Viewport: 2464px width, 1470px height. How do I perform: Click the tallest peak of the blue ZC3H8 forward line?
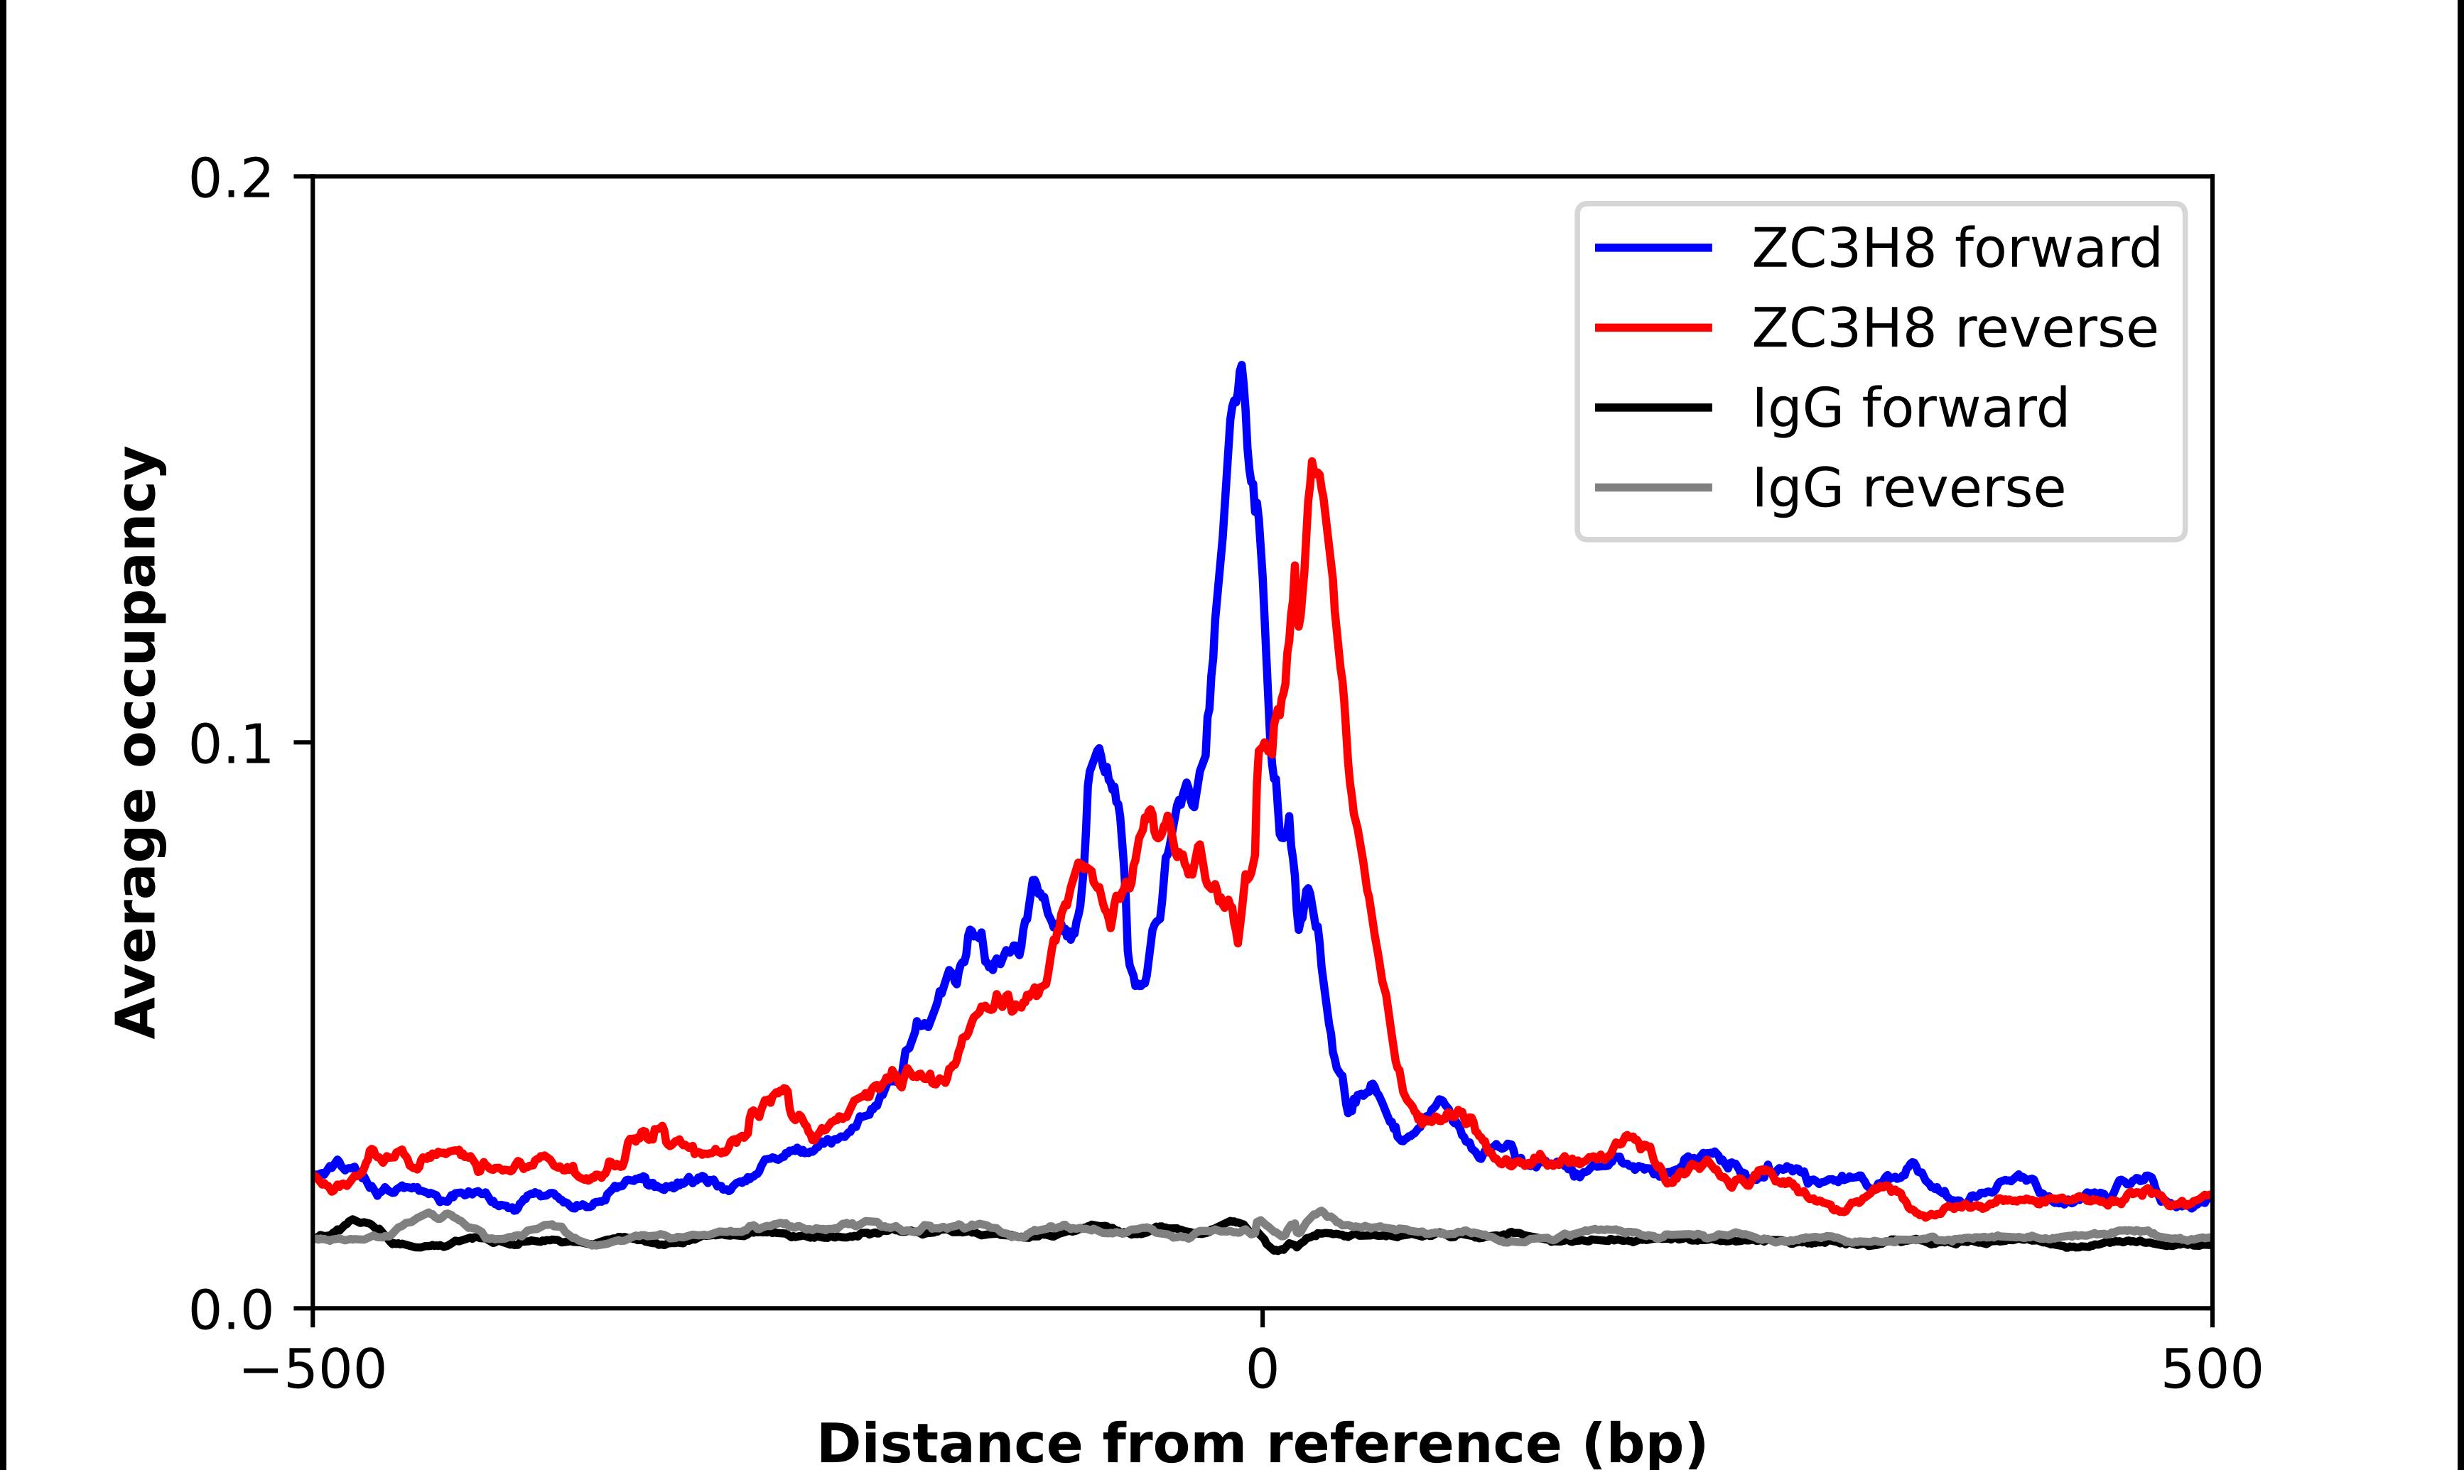(x=1241, y=366)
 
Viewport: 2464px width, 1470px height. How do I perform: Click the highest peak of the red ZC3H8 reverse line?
(x=1313, y=462)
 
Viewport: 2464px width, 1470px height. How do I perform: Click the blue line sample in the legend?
(x=1653, y=249)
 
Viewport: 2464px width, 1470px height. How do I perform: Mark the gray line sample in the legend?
(x=1653, y=487)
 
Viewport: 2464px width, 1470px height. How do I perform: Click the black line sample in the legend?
(x=1653, y=407)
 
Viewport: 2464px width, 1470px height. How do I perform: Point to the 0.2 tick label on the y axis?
(x=230, y=179)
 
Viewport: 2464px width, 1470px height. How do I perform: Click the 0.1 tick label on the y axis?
(x=230, y=745)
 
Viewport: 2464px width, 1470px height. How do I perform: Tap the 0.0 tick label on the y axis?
(x=230, y=1310)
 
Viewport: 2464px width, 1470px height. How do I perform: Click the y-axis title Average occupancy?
(x=138, y=743)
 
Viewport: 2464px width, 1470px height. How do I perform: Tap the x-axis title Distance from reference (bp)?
(x=1263, y=1442)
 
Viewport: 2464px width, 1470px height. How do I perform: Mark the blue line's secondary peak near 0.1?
(x=1098, y=749)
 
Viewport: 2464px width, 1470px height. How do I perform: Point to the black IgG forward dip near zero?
(x=1278, y=1250)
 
